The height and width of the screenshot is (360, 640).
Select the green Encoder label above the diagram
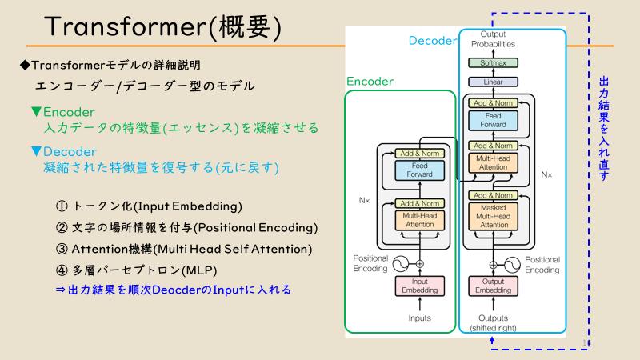[x=370, y=81]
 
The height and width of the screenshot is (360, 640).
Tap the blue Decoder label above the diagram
[x=432, y=40]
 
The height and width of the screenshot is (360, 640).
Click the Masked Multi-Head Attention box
[x=493, y=216]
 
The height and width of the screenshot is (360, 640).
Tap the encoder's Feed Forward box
[x=419, y=170]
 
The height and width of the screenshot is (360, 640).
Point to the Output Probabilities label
[x=493, y=39]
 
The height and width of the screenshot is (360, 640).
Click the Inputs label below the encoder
[x=419, y=318]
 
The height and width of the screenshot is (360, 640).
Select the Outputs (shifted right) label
[x=493, y=323]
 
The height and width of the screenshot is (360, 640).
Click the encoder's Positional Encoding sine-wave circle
[x=398, y=262]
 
